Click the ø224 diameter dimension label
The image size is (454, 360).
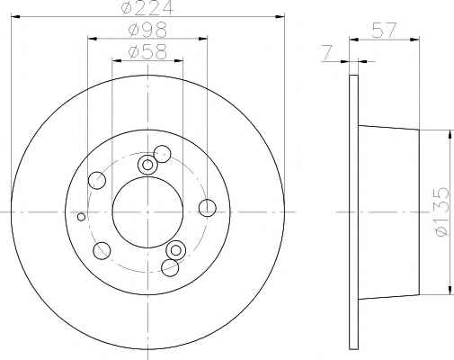147,7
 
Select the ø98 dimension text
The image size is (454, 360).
147,30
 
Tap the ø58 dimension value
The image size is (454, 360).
147,51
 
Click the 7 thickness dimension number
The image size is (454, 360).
327,53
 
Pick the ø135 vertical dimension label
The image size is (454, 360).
442,211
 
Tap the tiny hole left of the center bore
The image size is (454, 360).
81,216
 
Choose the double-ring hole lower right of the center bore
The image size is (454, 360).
176,250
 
